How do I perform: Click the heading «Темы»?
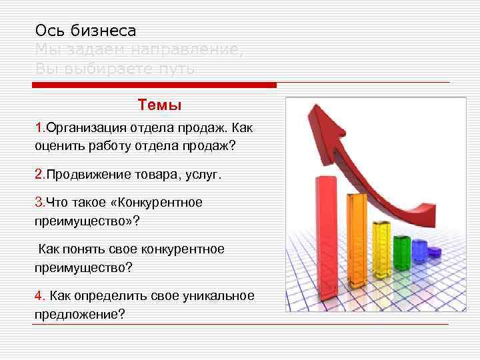point(159,105)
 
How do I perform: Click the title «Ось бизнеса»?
point(85,31)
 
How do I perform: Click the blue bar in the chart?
point(419,252)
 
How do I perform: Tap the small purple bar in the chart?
point(434,253)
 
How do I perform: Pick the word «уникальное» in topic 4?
point(223,296)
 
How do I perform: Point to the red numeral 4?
point(39,296)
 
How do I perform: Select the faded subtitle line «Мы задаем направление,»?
point(139,50)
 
